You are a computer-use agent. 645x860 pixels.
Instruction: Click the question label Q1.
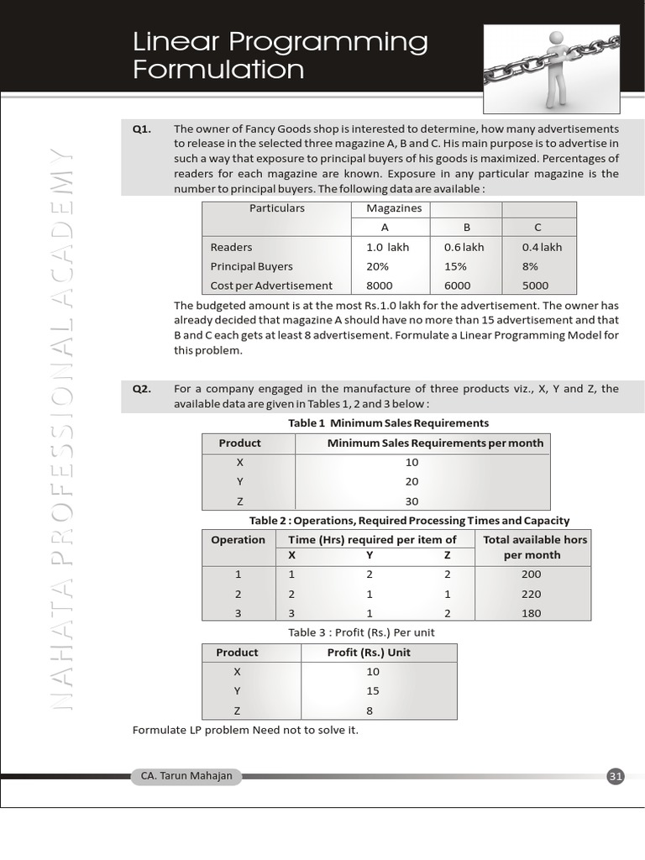pos(141,128)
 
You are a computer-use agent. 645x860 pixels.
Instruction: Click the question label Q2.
pos(141,389)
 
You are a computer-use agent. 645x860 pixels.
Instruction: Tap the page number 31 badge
pos(616,777)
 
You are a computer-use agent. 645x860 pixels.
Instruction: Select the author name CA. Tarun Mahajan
pos(181,777)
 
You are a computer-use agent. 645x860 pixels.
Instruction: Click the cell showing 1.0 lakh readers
pos(387,247)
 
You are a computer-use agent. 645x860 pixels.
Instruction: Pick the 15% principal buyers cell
pos(457,266)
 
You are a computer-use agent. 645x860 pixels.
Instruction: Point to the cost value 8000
pos(380,286)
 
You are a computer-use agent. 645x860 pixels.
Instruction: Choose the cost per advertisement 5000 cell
pos(535,286)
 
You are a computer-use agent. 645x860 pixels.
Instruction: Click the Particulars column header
pos(277,208)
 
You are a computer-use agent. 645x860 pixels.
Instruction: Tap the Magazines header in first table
pos(394,208)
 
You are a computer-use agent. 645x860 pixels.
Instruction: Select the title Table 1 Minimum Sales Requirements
pos(388,423)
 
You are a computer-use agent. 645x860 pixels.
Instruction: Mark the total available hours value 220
pos(531,594)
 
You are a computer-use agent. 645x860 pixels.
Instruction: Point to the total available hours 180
pos(531,613)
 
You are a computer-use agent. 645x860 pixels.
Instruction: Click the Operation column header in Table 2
pos(238,540)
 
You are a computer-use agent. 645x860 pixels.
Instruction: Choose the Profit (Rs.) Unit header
pos(369,653)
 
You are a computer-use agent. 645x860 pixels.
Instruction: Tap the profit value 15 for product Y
pos(373,691)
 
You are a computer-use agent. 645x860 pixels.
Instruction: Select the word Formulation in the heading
pos(218,69)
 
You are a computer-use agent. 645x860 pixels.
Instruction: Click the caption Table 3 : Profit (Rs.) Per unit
pos(361,632)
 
